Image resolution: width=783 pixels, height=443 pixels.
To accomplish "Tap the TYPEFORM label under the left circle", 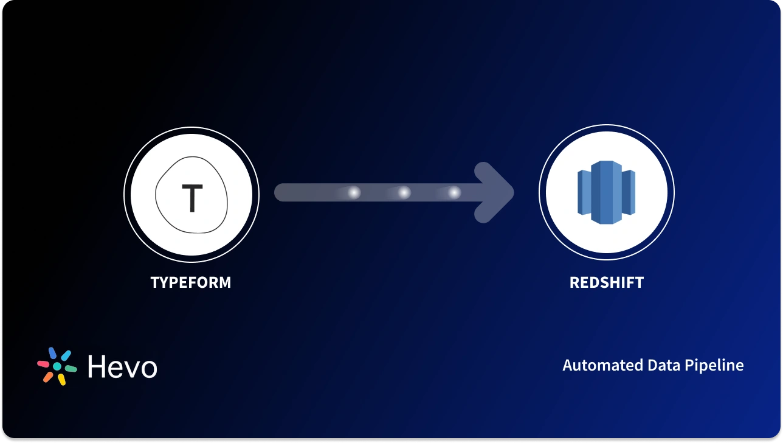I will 191,282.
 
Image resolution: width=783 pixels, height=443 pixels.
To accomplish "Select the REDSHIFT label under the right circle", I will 606,282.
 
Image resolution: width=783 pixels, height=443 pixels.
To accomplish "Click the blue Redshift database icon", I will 606,192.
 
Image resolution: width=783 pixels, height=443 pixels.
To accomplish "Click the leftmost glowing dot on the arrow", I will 354,193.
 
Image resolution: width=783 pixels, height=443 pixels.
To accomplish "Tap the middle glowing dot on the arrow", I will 404,193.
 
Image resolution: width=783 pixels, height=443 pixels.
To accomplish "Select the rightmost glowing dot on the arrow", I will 454,193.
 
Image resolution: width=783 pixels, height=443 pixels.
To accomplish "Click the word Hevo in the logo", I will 122,367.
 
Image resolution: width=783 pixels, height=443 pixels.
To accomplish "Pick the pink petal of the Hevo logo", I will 43,364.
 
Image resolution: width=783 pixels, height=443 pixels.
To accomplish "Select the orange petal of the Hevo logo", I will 48,377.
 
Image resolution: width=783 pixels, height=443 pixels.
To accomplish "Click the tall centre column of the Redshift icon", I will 602,192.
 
